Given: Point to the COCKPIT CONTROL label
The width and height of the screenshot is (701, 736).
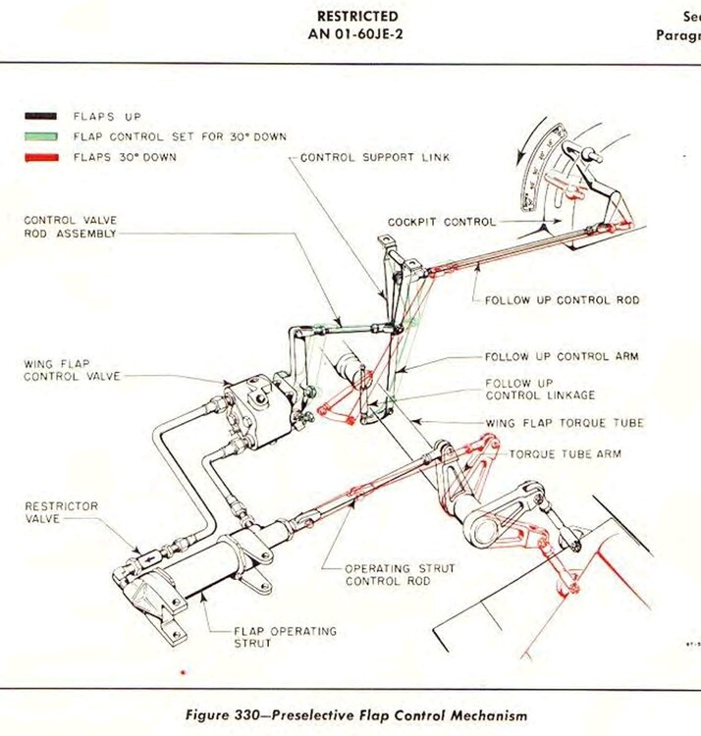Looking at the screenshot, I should tap(441, 222).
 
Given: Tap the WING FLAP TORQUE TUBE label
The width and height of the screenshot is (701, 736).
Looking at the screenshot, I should tap(565, 423).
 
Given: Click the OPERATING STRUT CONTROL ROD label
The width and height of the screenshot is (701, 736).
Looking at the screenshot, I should tap(387, 574).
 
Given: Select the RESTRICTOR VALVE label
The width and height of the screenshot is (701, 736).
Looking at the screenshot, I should tap(62, 512).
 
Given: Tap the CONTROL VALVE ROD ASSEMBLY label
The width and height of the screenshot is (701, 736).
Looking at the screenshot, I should tap(71, 227).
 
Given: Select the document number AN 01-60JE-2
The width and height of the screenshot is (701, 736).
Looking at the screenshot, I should tap(357, 33).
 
